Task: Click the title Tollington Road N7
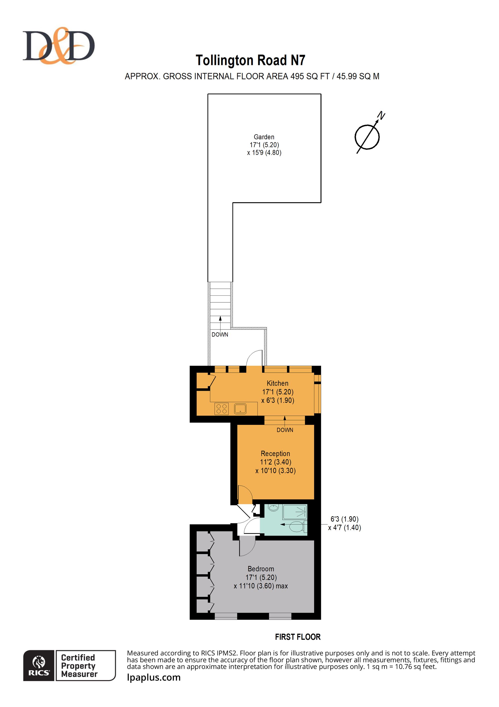pos(250,60)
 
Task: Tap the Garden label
pos(264,137)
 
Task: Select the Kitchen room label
pos(277,383)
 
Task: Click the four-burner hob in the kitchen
pos(221,409)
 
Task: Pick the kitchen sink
pos(240,409)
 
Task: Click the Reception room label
pos(275,453)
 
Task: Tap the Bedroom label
pos(261,569)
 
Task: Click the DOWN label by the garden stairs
pos(220,334)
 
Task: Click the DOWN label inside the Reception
pos(285,430)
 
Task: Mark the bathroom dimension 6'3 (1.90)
pos(344,519)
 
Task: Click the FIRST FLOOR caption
pos(298,637)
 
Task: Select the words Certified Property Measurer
pos(79,666)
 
